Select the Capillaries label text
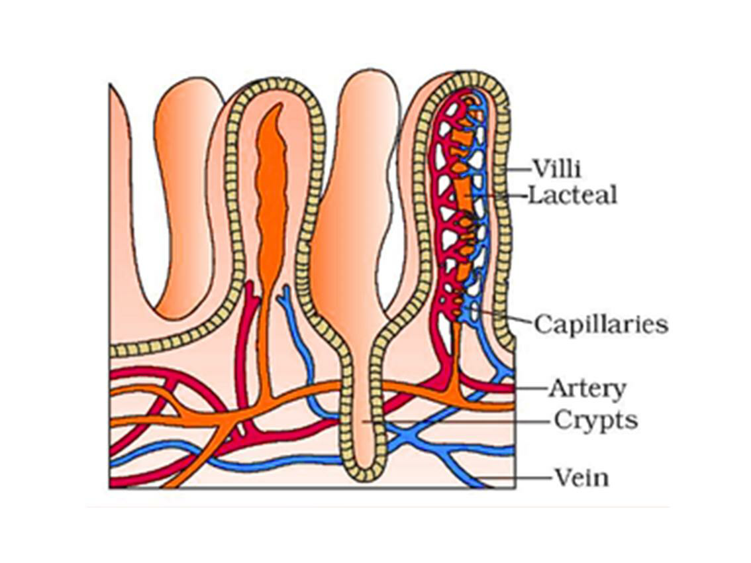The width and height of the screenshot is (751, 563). (601, 325)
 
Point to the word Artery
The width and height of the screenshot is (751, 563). (587, 389)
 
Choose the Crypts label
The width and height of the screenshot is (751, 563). (595, 420)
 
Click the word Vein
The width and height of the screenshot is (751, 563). (581, 478)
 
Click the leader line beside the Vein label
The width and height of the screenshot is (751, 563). (517, 477)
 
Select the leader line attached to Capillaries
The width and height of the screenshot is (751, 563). (503, 317)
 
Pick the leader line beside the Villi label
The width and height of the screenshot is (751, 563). (520, 170)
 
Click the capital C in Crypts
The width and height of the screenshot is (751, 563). (562, 420)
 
